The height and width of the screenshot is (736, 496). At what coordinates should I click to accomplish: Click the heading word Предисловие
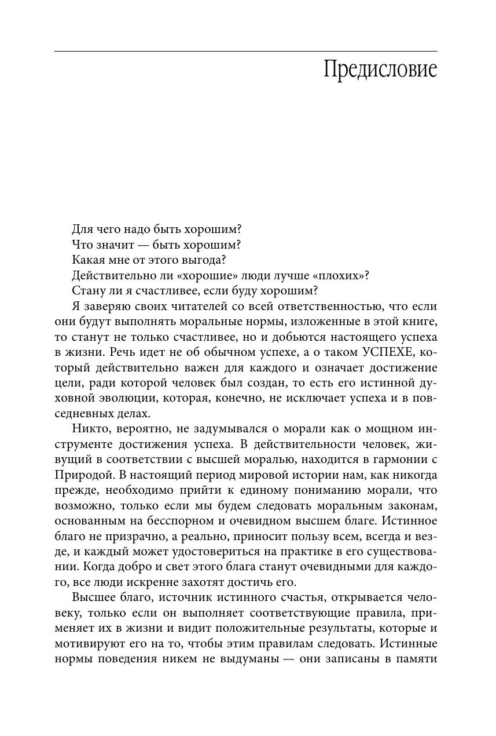tap(380, 70)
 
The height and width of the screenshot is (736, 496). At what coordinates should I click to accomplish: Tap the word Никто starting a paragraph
tap(89, 429)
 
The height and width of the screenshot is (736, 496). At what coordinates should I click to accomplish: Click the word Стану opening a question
tap(88, 290)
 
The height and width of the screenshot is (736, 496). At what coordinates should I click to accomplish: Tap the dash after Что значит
tap(139, 245)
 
